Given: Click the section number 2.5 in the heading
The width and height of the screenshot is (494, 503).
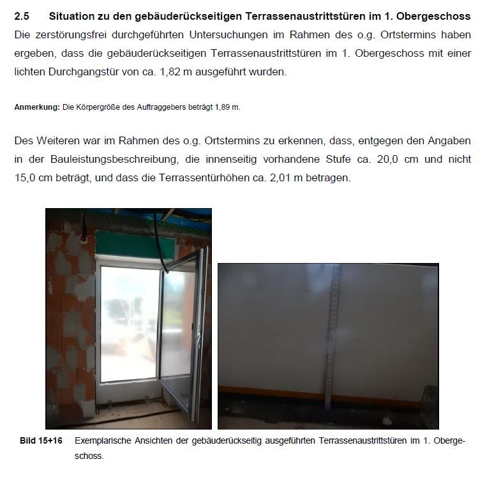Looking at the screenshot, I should pos(22,16).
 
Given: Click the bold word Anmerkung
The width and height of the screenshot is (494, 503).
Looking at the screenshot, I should pos(37,107).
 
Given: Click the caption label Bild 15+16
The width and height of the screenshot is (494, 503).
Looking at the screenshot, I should pos(41,440).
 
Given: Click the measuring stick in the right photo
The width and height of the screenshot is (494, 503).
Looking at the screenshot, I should pos(330,345).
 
